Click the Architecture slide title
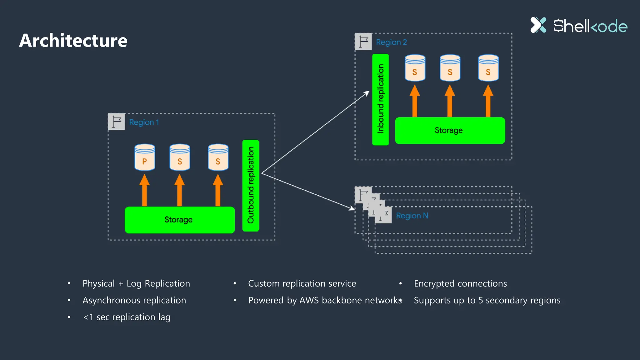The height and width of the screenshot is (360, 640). (73, 41)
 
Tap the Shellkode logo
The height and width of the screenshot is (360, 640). (579, 26)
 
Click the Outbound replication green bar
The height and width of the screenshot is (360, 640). (251, 185)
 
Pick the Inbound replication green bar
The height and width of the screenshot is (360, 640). (380, 99)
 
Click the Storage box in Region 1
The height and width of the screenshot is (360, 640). (179, 220)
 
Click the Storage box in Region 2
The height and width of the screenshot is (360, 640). (450, 130)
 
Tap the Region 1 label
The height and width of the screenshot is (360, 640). (144, 122)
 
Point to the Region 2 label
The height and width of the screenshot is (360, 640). (391, 42)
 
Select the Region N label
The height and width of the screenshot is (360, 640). (412, 216)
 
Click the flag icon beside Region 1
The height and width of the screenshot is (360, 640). (117, 122)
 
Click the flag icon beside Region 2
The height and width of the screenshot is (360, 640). (363, 41)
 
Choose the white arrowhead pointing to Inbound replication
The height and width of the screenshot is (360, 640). (367, 93)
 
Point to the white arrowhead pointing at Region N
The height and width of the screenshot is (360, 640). (352, 208)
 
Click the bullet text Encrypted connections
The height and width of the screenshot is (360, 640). (460, 283)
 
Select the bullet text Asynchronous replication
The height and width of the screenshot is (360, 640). (134, 300)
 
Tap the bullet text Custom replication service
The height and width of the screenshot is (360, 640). (302, 283)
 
